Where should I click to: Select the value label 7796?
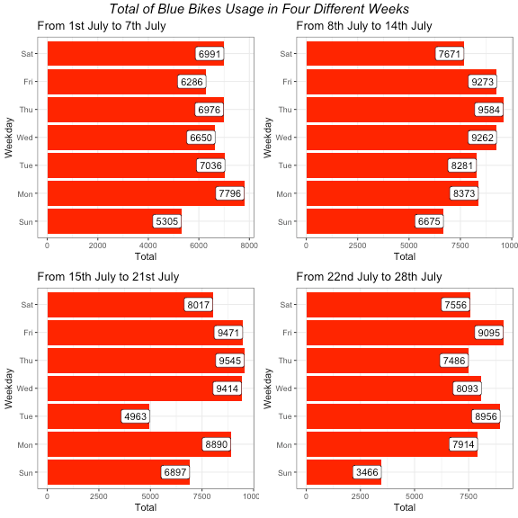click(x=229, y=193)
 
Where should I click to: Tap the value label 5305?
click(x=167, y=221)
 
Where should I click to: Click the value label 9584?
click(x=490, y=110)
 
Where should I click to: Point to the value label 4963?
click(x=135, y=416)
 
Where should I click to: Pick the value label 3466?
click(x=367, y=472)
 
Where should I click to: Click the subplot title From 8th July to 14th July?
click(x=363, y=26)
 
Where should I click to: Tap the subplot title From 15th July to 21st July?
click(x=108, y=276)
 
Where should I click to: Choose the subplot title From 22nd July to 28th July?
click(x=368, y=276)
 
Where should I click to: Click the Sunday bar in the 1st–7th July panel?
click(x=114, y=221)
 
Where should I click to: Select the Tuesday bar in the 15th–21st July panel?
click(x=98, y=416)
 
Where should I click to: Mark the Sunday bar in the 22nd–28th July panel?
click(x=344, y=472)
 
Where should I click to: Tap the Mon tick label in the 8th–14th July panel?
click(x=287, y=193)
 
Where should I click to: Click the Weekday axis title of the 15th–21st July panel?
click(x=9, y=388)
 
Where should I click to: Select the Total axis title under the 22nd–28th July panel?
click(x=404, y=508)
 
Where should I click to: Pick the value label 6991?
click(x=210, y=54)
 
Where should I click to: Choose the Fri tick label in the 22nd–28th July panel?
click(x=288, y=333)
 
